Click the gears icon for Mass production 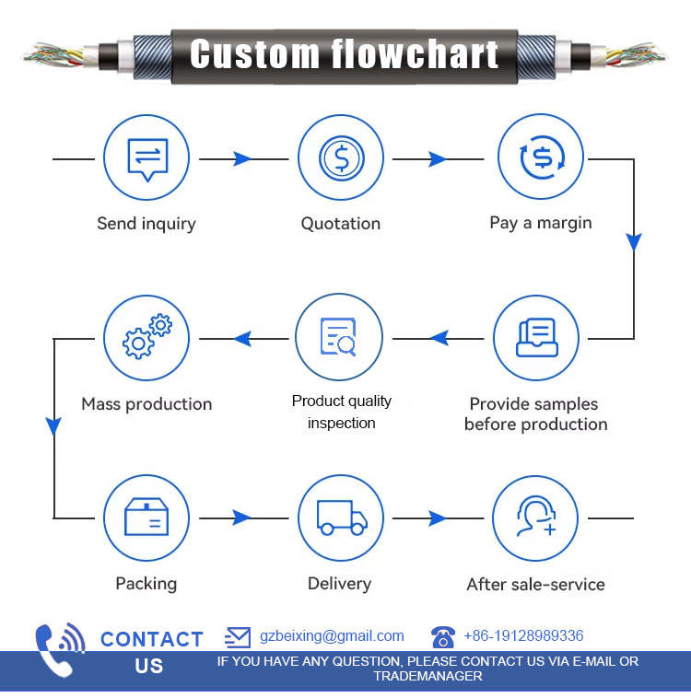click(147, 338)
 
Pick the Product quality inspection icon click(339, 338)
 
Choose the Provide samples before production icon click(535, 338)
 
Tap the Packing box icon click(147, 518)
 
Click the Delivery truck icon click(342, 518)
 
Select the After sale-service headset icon click(535, 518)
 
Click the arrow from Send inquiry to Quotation click(242, 159)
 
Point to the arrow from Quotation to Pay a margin click(437, 159)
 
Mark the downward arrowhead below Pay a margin click(634, 242)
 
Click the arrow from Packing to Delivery click(242, 518)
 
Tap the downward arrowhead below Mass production click(53, 426)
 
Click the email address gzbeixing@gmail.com click(332, 635)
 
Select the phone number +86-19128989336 click(523, 635)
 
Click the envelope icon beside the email click(238, 636)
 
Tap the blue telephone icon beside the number click(443, 636)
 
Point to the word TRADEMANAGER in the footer click(427, 676)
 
